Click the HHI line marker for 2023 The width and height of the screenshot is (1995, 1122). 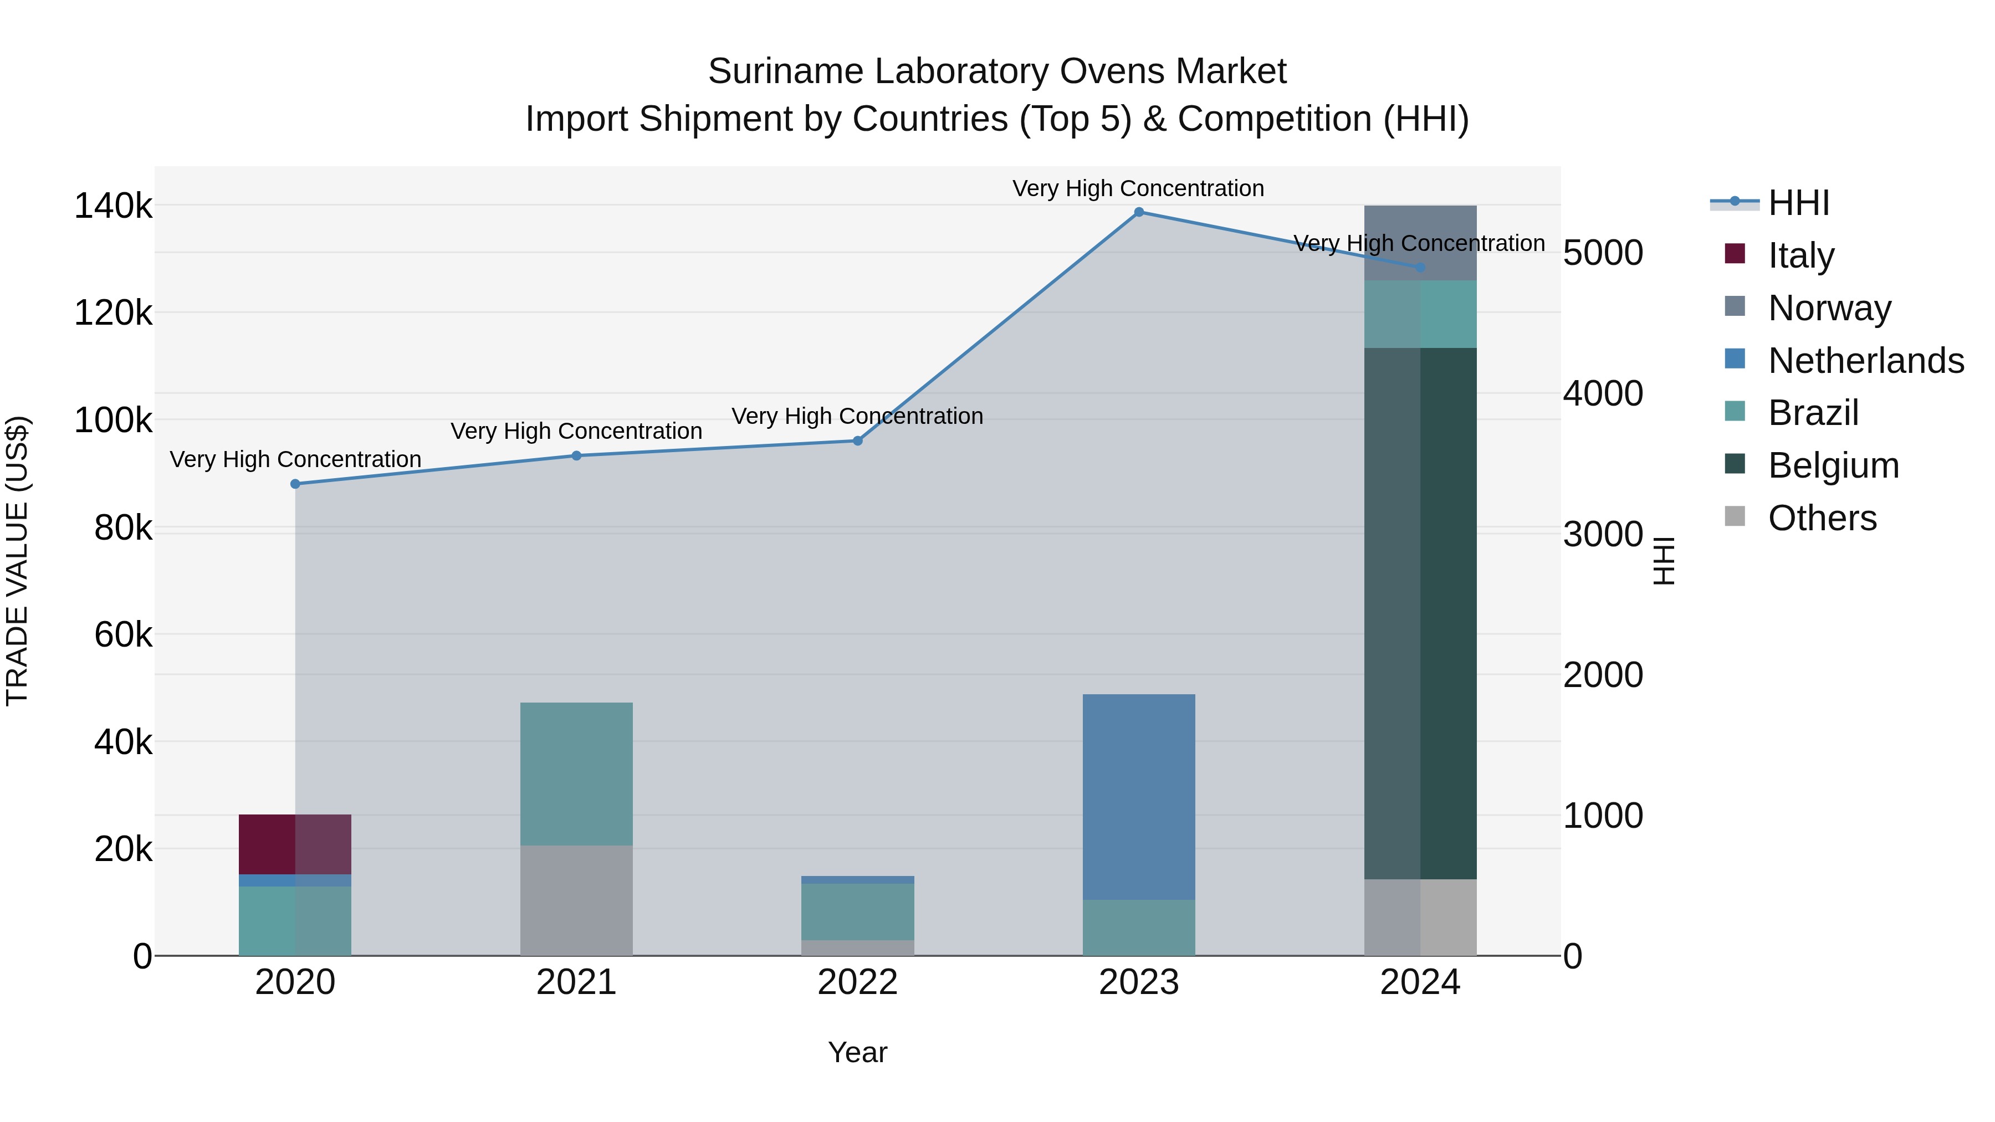(x=1138, y=212)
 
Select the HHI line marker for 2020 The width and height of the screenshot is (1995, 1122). (x=295, y=484)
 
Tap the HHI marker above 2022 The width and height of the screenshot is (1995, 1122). (x=857, y=440)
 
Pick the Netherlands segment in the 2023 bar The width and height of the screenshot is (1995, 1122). (x=1138, y=796)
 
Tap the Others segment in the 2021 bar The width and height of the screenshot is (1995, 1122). (x=576, y=900)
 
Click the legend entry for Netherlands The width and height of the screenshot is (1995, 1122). (x=1866, y=361)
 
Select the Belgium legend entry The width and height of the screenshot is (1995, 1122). (x=1833, y=465)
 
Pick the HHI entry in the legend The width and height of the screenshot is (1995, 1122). (x=1798, y=203)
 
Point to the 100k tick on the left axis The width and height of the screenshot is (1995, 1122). (x=113, y=421)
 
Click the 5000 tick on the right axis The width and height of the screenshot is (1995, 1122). (x=1602, y=253)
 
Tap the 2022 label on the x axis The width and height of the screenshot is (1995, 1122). (x=857, y=982)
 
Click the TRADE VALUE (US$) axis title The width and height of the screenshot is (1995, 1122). (x=18, y=561)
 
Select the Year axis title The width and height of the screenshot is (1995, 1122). (x=857, y=1052)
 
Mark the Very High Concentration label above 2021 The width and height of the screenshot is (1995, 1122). (x=576, y=431)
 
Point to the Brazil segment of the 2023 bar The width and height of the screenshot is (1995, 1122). (x=1138, y=927)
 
